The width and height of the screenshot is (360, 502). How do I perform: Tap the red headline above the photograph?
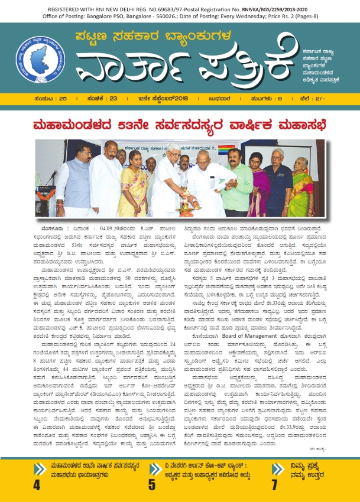coord(179,124)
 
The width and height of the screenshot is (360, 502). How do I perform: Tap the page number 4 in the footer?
coord(37,485)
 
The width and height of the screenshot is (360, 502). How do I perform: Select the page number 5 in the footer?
coord(151,485)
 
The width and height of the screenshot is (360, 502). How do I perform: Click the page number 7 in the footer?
coord(274,485)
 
